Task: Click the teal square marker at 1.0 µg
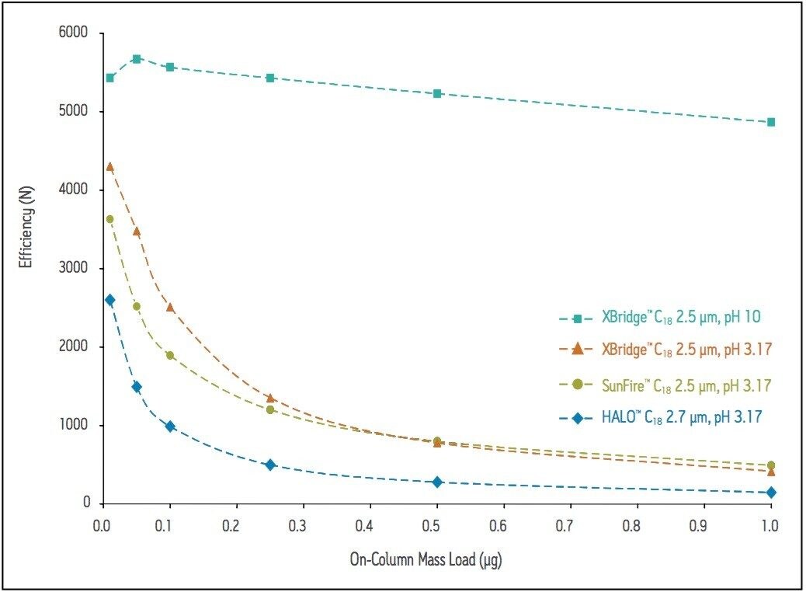[770, 122]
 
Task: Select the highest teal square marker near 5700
[137, 59]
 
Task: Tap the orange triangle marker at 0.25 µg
[270, 398]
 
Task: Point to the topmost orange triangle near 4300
[109, 166]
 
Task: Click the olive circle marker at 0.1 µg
[170, 355]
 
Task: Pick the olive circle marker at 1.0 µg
[770, 465]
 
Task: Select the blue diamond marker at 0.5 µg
[437, 482]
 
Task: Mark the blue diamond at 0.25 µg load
[270, 465]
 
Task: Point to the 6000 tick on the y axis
[75, 33]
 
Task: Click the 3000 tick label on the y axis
[75, 269]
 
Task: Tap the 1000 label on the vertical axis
[75, 426]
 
